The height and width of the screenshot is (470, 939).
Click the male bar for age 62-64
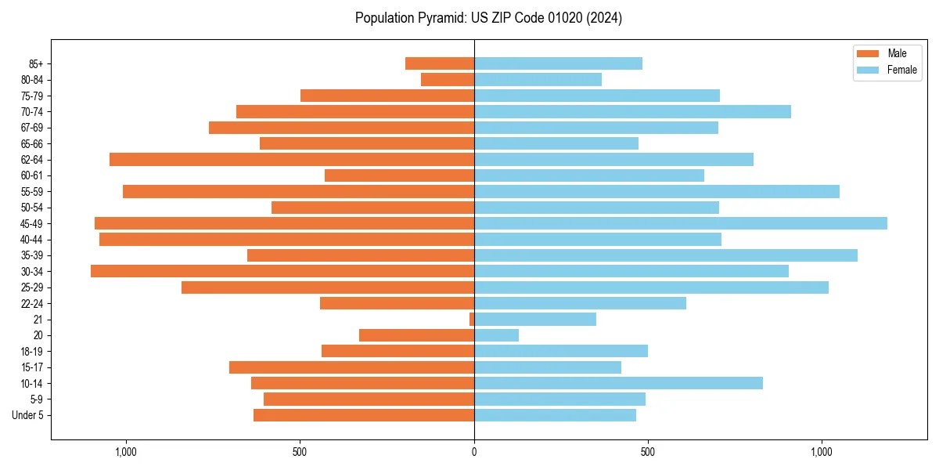point(291,160)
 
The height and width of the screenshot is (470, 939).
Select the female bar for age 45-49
point(680,223)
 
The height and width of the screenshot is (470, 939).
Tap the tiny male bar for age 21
point(472,320)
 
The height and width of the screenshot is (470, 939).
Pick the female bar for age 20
point(496,335)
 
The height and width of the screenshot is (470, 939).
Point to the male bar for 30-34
point(282,271)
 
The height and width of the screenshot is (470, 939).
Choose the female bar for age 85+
point(558,63)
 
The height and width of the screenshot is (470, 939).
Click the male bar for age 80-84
point(448,79)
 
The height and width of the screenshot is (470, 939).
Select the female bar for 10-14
point(618,383)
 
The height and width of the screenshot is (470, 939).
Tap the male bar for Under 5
point(364,415)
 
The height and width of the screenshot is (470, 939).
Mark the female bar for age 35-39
point(665,255)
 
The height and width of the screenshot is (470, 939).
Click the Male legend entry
point(887,53)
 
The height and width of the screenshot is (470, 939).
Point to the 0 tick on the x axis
point(474,452)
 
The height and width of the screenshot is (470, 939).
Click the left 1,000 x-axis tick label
point(126,452)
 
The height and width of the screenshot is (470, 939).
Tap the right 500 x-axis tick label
point(648,452)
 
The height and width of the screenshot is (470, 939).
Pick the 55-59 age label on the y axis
point(32,192)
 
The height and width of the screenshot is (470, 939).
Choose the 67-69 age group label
point(32,128)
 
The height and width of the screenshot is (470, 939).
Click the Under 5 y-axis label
point(27,415)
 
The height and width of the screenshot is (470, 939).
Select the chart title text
point(488,18)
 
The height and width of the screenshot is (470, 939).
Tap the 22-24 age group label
point(32,304)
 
